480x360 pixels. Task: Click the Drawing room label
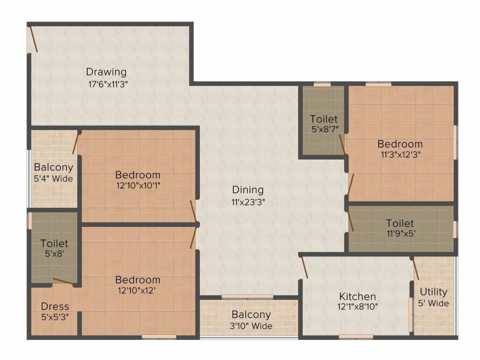click(x=106, y=72)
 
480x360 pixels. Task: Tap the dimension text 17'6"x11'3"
click(x=106, y=84)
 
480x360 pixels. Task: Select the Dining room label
click(x=248, y=190)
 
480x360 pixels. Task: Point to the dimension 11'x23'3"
click(x=248, y=202)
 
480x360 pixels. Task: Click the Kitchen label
click(x=358, y=296)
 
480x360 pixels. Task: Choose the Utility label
click(x=433, y=292)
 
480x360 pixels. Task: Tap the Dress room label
click(x=55, y=307)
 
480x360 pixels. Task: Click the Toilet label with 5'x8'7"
click(x=323, y=119)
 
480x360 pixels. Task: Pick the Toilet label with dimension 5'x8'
click(x=54, y=244)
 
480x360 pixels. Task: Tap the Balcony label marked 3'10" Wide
click(x=251, y=315)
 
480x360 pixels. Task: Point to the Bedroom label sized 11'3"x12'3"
click(x=400, y=144)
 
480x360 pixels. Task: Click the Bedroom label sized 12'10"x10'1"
click(x=138, y=175)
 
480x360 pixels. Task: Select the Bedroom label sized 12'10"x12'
click(x=138, y=280)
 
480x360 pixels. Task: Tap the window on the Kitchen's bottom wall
click(x=356, y=336)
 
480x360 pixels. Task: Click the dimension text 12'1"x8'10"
click(x=358, y=307)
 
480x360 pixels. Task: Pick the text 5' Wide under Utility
click(x=433, y=303)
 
